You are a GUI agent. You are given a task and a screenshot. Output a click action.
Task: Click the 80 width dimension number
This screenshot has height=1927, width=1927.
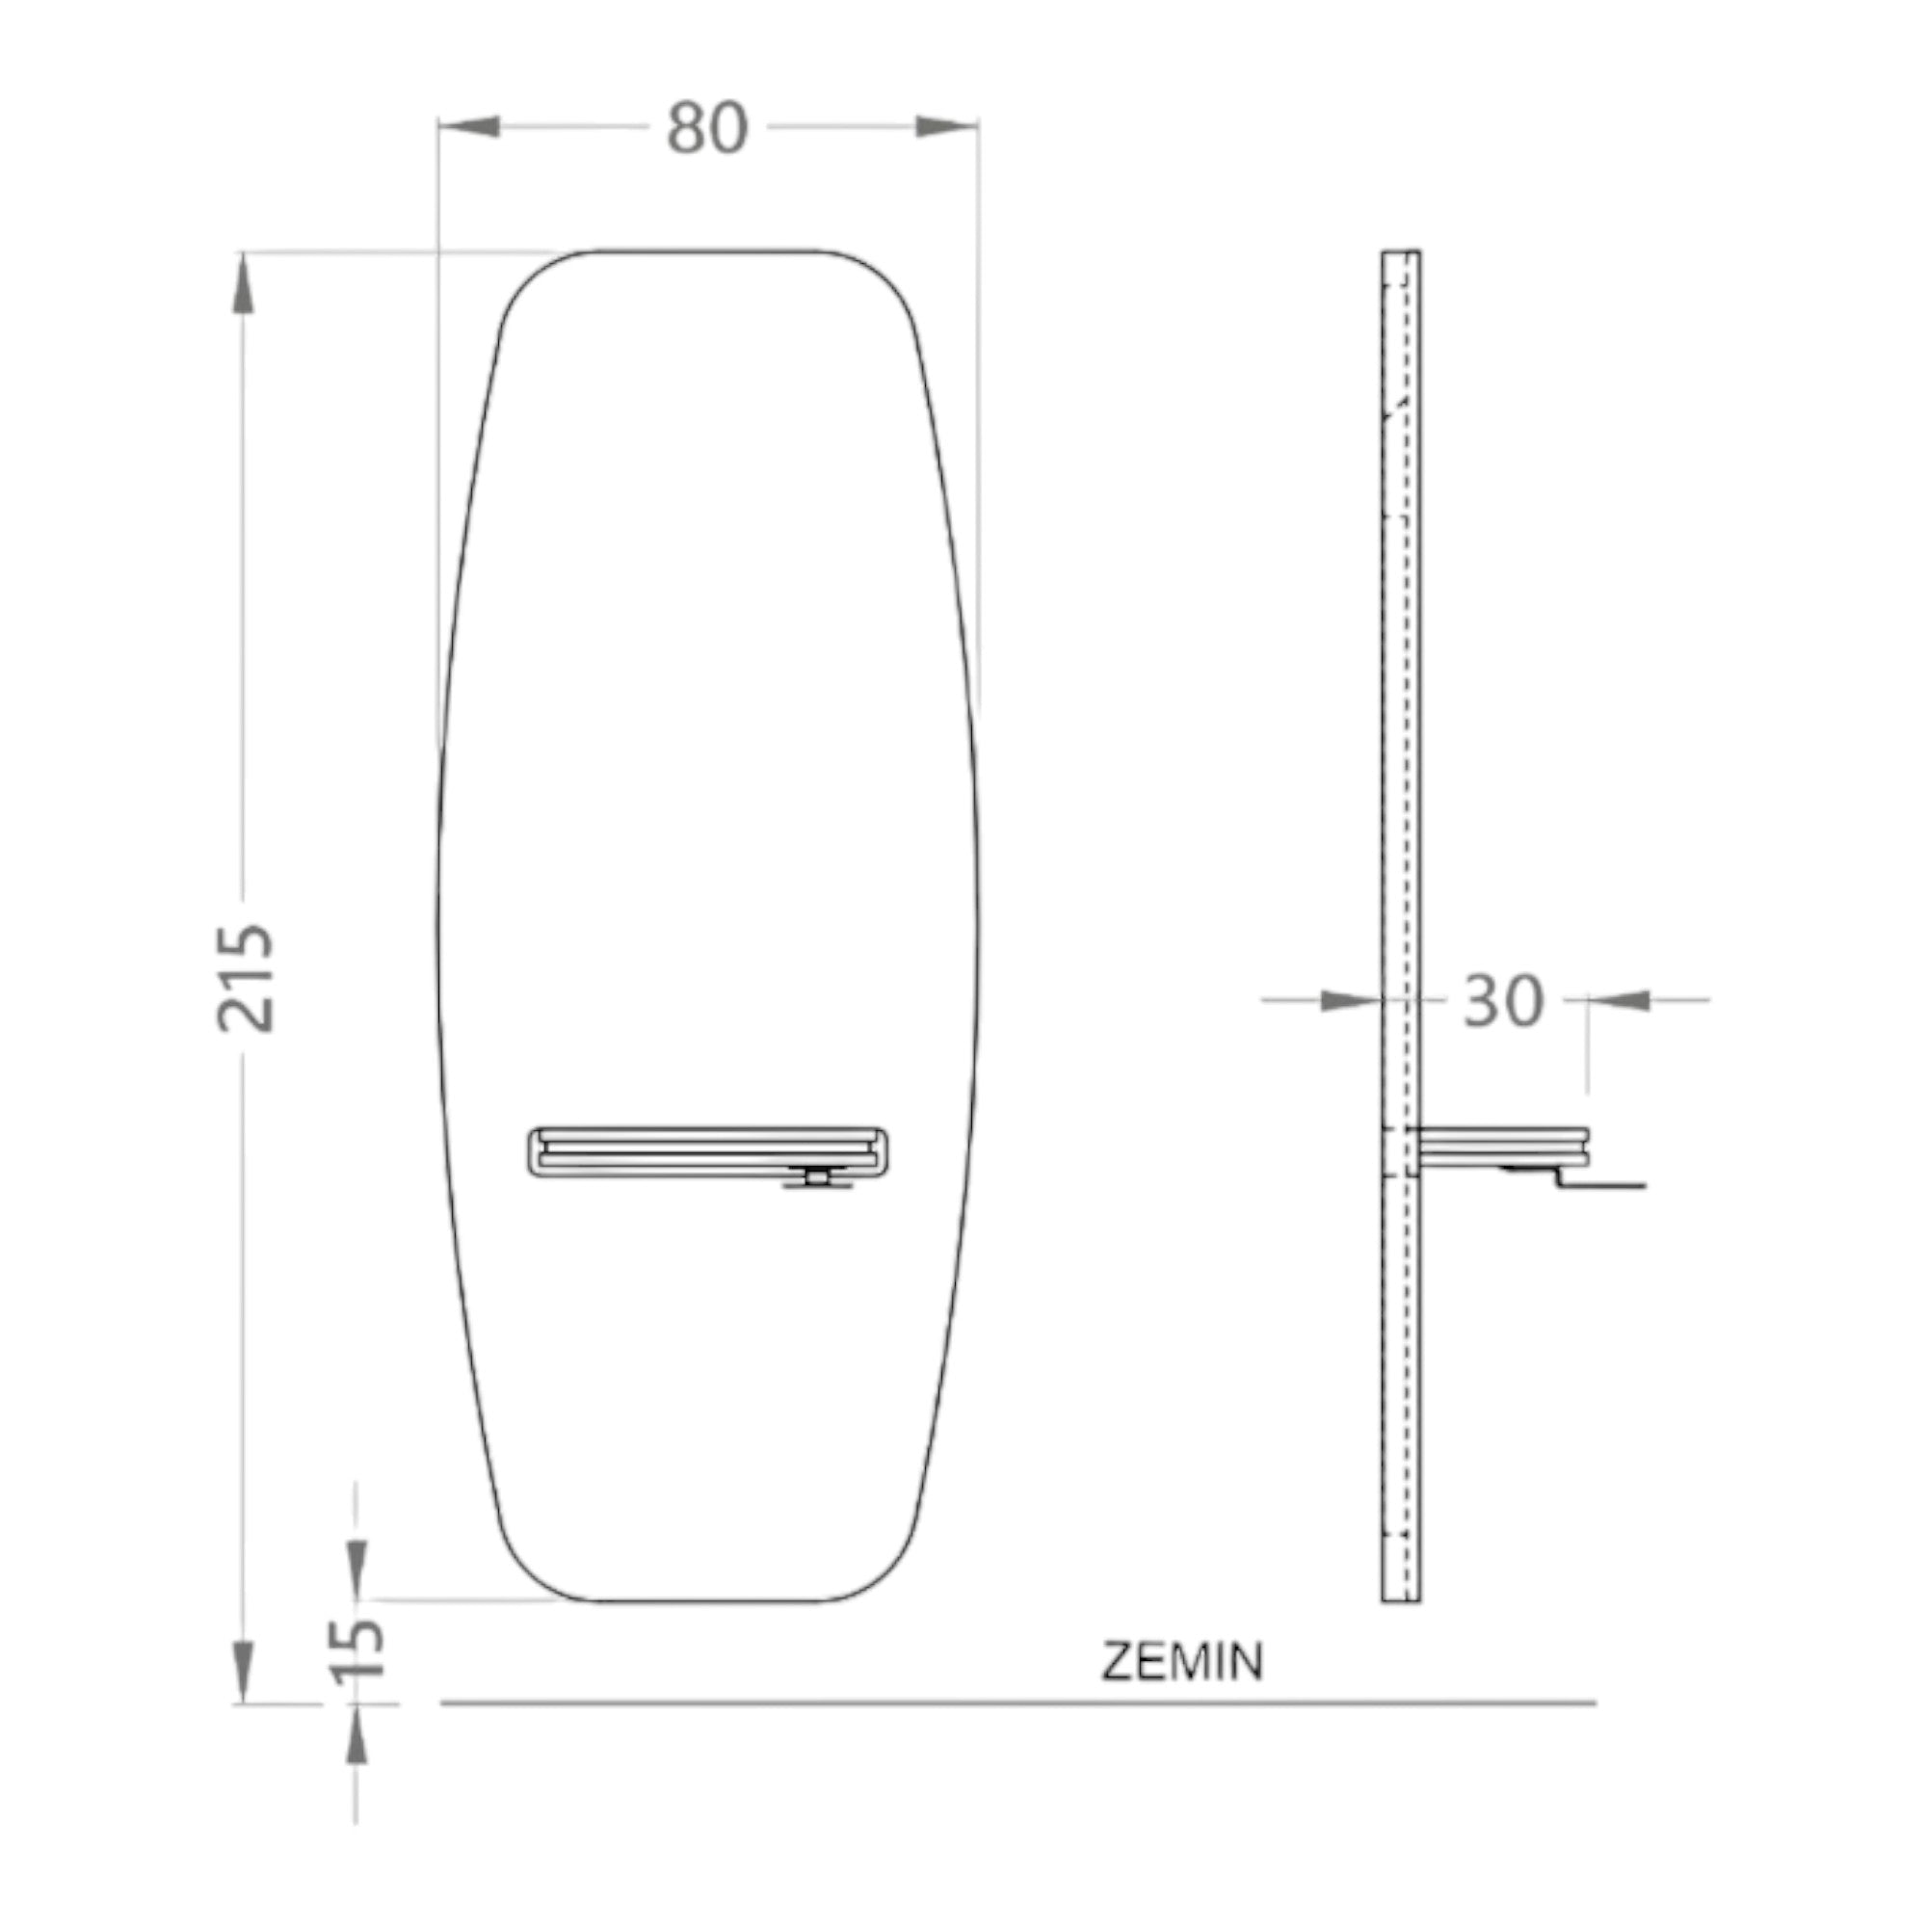(707, 129)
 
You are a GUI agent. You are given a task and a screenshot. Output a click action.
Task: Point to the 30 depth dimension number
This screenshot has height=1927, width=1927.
(1503, 1001)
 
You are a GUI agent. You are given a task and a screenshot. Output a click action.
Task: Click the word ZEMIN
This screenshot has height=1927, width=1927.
(1183, 1662)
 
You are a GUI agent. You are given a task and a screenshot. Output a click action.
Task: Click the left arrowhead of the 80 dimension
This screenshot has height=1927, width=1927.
(469, 126)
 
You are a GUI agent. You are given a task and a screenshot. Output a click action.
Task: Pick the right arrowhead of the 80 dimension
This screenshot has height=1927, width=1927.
(946, 126)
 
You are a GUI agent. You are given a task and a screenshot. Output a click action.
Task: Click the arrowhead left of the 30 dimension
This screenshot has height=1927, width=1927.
(1351, 999)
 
